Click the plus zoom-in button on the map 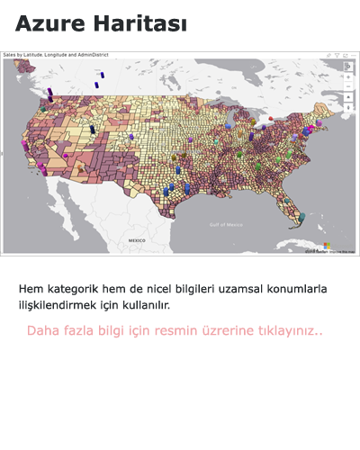(x=349, y=76)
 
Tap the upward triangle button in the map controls (x=349, y=96)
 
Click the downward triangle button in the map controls (x=349, y=107)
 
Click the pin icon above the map (x=328, y=55)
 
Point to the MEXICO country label (x=137, y=241)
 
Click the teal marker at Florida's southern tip (x=301, y=217)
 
